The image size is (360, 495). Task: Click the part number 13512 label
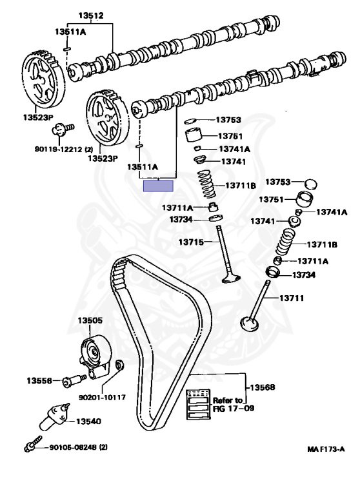pyautogui.click(x=91, y=15)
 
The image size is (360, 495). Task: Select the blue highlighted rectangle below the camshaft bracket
pyautogui.click(x=158, y=186)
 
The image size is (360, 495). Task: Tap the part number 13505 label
pyautogui.click(x=90, y=320)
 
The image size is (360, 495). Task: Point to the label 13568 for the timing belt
pyautogui.click(x=263, y=387)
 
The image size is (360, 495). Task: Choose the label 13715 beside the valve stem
pyautogui.click(x=191, y=242)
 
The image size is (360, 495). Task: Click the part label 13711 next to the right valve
pyautogui.click(x=291, y=298)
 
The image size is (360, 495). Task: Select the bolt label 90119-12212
pyautogui.click(x=63, y=149)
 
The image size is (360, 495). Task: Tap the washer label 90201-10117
pyautogui.click(x=102, y=397)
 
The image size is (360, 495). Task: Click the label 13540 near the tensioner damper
pyautogui.click(x=88, y=421)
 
